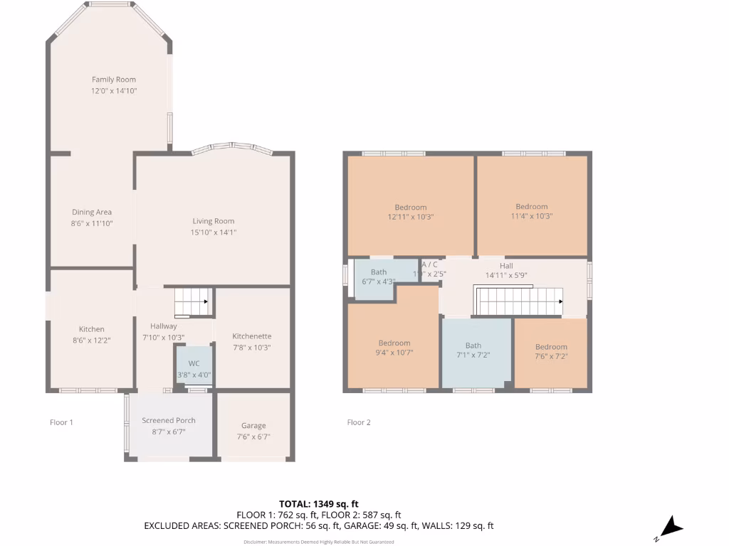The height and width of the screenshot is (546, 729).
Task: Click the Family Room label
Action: coord(113,80)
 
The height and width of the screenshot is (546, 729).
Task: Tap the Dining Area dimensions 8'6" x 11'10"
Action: coord(92,223)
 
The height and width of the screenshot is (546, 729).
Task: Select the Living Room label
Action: coord(213,221)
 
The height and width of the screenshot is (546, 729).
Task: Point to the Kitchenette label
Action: coord(252,336)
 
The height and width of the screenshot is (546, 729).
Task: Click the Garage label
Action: coord(253,426)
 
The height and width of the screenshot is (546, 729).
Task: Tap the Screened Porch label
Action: coord(168,420)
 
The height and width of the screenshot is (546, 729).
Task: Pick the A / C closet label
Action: coord(429,264)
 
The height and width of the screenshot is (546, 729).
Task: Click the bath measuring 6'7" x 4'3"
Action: coord(379,277)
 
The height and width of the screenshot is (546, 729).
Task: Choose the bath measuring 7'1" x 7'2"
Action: coord(473,350)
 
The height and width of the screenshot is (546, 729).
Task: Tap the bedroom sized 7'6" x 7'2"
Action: coord(551,352)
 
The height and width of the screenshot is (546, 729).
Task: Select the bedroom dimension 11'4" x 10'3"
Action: coord(532,216)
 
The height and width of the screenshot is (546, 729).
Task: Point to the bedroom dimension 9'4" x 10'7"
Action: coord(394,352)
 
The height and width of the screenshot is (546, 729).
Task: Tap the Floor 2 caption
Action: coord(359,422)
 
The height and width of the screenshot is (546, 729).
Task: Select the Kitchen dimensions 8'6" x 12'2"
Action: coord(92,340)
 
